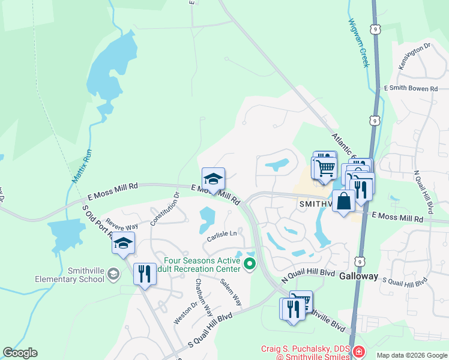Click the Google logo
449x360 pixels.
[20, 353]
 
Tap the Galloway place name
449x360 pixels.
[358, 277]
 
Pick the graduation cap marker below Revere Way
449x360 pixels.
[123, 243]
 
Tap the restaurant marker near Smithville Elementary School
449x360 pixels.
[144, 275]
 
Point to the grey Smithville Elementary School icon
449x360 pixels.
[112, 274]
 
